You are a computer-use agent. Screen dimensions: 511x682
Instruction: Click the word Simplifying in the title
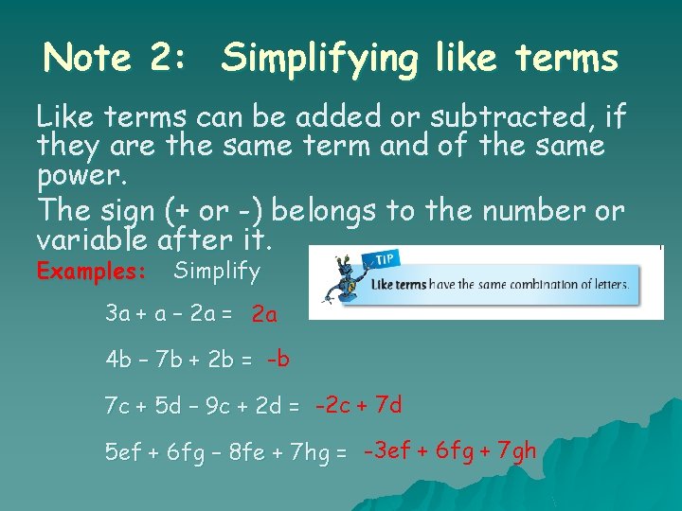click(318, 60)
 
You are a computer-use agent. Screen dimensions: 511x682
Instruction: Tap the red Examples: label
click(91, 272)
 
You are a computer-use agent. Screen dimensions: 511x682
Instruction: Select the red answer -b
click(278, 359)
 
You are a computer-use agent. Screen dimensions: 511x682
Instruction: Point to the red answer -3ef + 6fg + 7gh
click(449, 450)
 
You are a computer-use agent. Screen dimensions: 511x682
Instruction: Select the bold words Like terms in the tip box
click(398, 284)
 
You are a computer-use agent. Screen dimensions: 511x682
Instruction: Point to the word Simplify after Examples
click(217, 272)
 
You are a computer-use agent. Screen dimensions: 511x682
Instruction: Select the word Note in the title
click(87, 59)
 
